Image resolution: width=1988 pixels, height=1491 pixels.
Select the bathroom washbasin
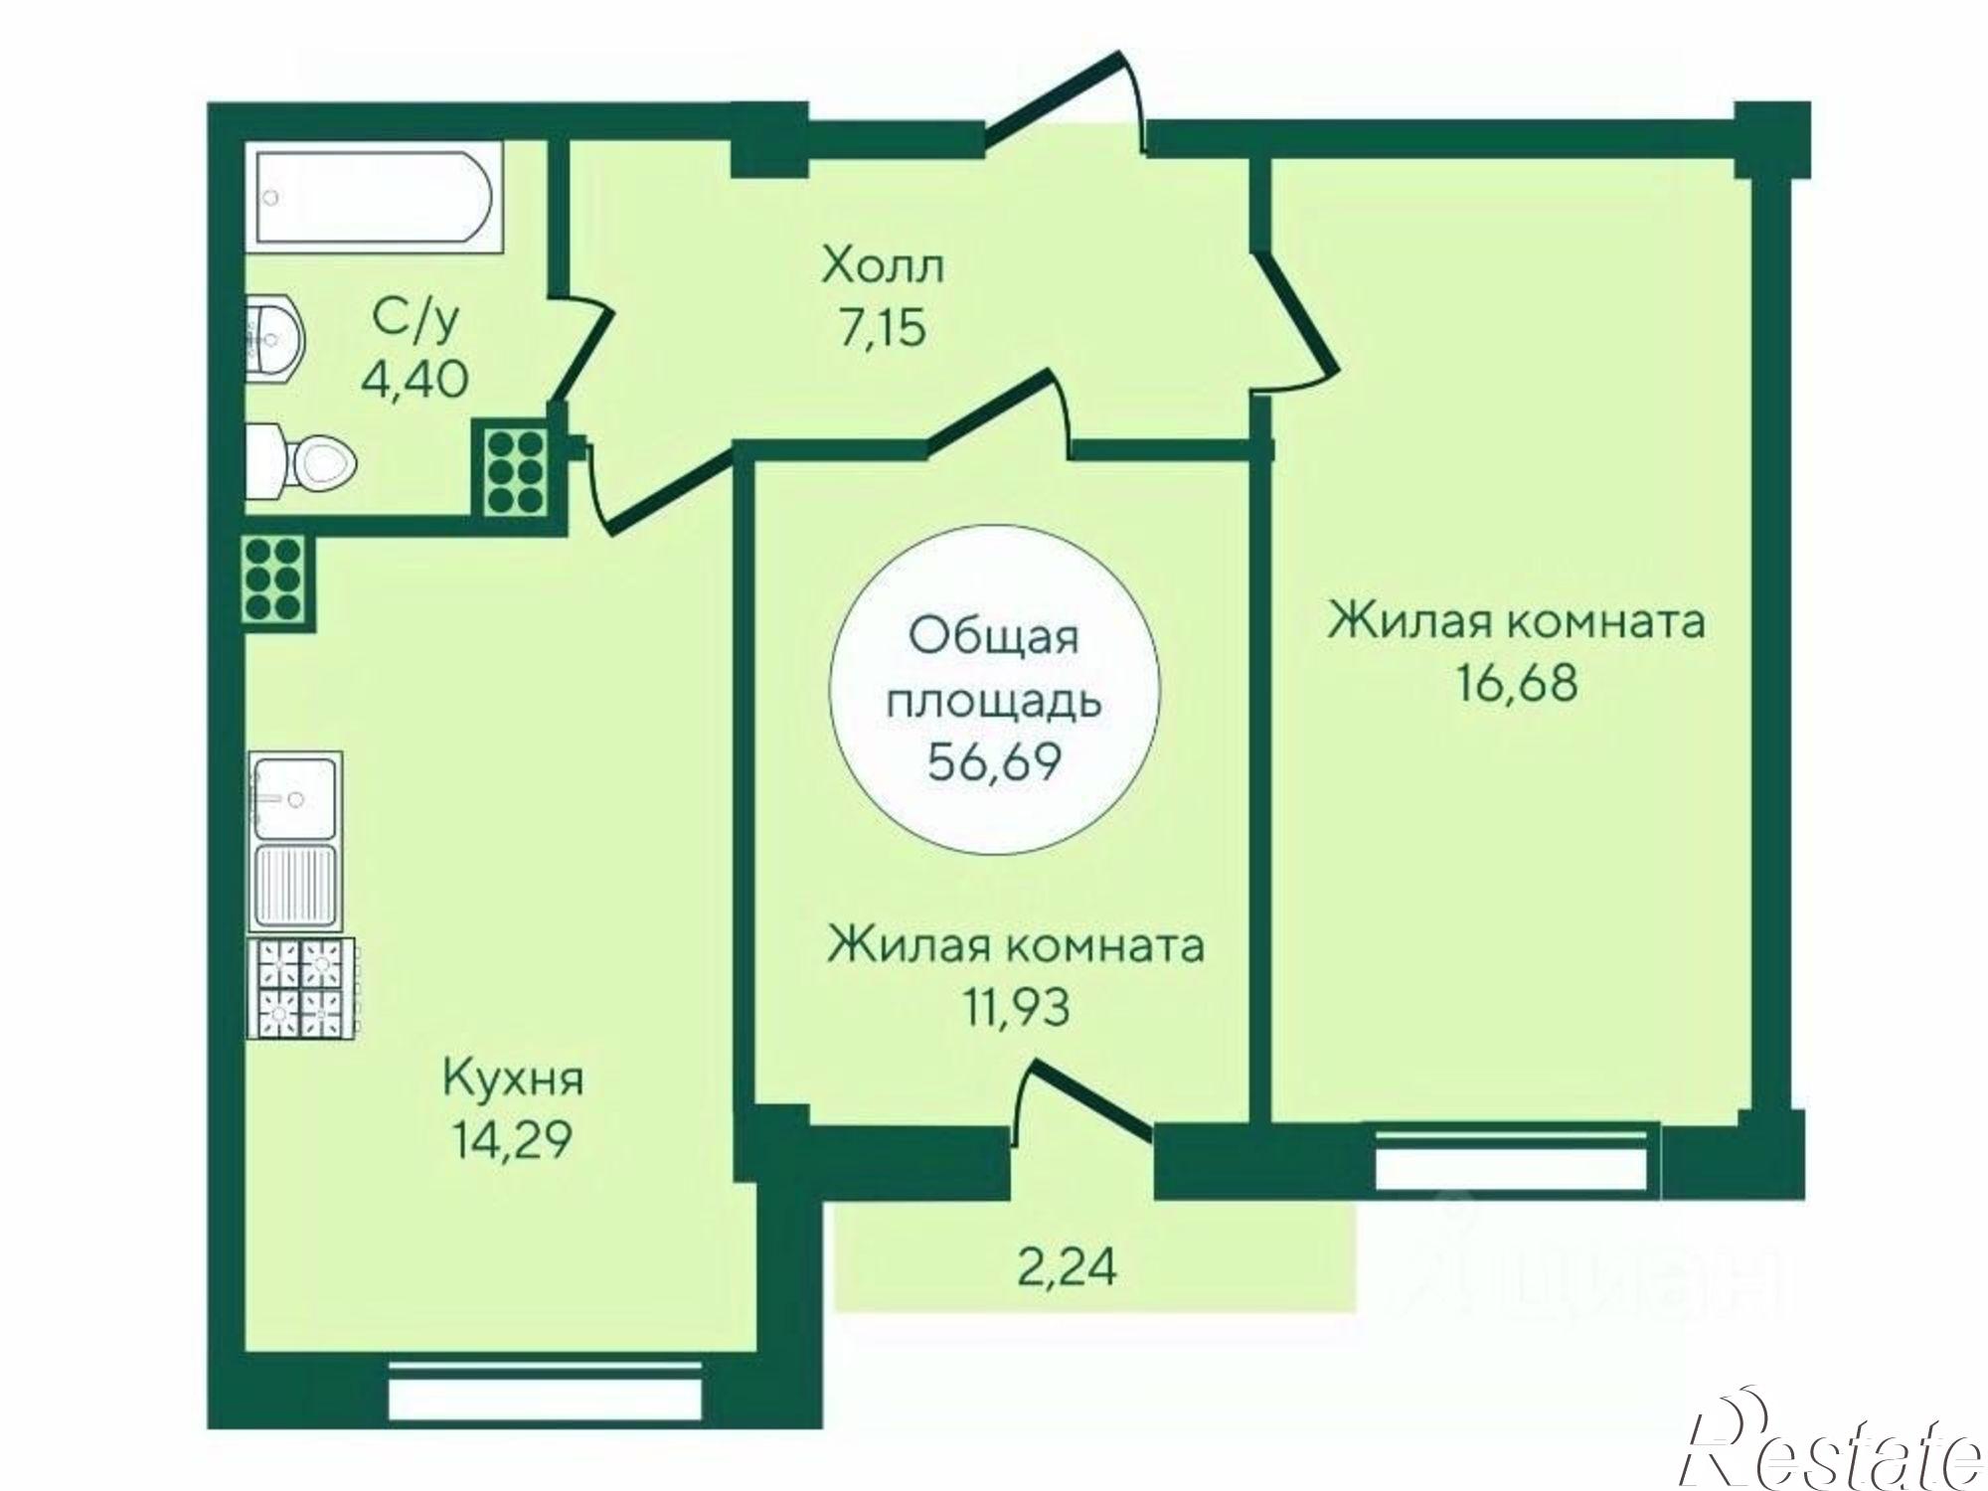point(273,337)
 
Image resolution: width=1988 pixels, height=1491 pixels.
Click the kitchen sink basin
point(295,796)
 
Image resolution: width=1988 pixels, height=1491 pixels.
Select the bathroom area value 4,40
point(414,379)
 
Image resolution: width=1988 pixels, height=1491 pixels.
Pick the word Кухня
point(513,1079)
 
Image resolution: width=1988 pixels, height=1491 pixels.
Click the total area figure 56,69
point(994,763)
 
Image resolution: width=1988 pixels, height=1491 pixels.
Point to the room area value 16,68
point(1517,685)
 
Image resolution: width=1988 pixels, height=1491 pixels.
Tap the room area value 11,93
point(1015,1008)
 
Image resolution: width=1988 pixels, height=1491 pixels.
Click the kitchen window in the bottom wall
point(546,1393)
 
